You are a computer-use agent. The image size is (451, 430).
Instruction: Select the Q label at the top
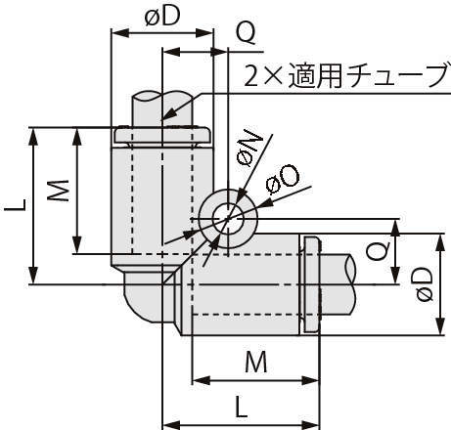[247, 34]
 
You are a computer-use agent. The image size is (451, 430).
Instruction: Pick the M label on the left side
[60, 191]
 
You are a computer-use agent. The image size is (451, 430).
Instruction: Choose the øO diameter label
[285, 177]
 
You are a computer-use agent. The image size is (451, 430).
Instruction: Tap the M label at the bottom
[255, 362]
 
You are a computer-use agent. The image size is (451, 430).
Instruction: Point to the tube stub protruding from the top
[162, 106]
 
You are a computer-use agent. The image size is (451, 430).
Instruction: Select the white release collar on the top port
[162, 134]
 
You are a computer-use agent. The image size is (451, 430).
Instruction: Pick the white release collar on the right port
[312, 285]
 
